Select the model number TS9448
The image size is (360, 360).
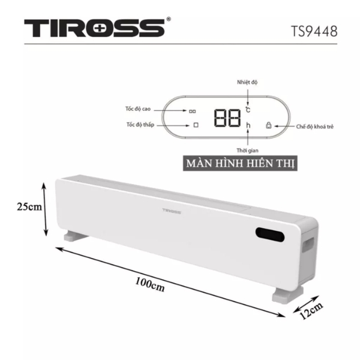[x=314, y=31]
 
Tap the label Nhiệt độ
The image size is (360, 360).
[x=247, y=82]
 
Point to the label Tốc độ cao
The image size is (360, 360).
[x=138, y=109]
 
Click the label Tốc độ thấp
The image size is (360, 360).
[x=140, y=125]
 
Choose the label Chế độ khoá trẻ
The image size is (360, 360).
[x=314, y=127]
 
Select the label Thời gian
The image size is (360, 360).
[x=247, y=151]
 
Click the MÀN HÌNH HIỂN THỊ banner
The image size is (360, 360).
[x=240, y=163]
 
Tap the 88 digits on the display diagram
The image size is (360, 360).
[x=227, y=118]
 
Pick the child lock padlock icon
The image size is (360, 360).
[x=269, y=125]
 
